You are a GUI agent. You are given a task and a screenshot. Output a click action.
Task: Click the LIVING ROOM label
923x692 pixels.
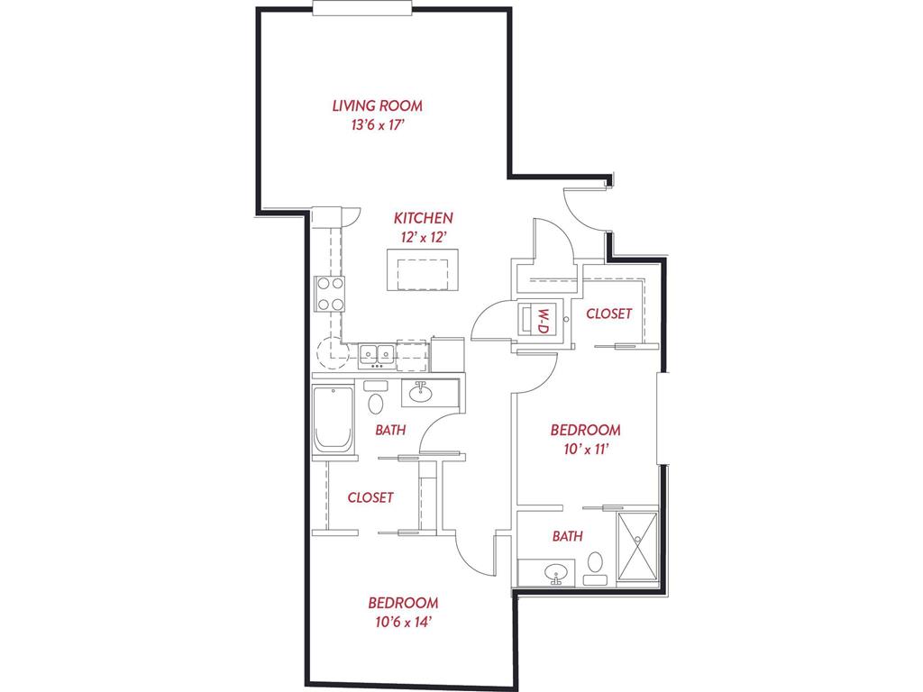[x=377, y=105]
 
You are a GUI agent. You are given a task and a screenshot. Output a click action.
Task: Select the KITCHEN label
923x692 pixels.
[x=423, y=218]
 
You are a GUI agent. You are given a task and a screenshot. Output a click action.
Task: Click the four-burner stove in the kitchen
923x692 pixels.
[x=330, y=293]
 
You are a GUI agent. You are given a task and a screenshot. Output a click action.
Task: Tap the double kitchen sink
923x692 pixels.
[x=378, y=355]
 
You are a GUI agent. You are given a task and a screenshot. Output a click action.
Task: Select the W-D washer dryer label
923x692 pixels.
[x=543, y=319]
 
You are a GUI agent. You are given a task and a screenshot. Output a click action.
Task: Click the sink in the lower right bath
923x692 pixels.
[x=555, y=572]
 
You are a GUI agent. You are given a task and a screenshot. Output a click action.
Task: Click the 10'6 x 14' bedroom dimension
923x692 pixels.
[x=402, y=622]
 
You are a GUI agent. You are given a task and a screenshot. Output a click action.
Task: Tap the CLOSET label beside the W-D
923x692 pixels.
[x=608, y=314]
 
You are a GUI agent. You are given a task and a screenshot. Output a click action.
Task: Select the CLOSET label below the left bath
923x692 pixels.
[x=370, y=496]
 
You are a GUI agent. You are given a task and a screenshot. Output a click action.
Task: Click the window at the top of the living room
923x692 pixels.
[x=363, y=8]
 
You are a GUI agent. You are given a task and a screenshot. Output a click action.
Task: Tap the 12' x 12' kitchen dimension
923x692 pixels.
[x=423, y=238]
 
